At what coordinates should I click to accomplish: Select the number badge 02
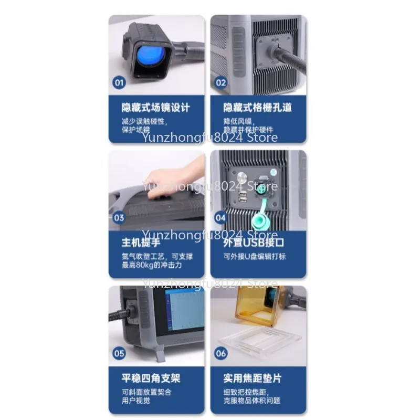(221, 82)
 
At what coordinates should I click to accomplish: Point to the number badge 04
(221, 217)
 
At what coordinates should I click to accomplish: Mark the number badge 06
(221, 353)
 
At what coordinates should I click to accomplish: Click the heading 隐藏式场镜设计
(156, 108)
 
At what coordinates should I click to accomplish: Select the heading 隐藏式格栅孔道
(257, 108)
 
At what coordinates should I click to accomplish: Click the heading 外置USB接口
(254, 243)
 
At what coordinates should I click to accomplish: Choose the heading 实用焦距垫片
(253, 378)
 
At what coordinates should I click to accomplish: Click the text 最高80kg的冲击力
(152, 266)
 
